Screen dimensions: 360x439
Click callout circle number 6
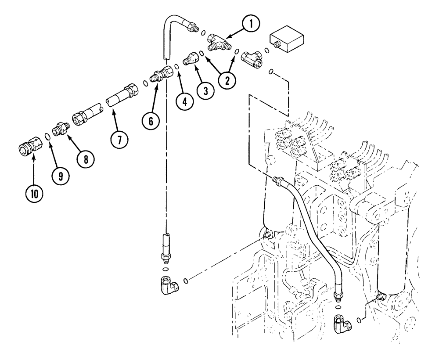pyautogui.click(x=151, y=121)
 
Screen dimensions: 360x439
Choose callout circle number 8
pyautogui.click(x=86, y=158)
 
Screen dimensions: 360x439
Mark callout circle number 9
pyautogui.click(x=60, y=176)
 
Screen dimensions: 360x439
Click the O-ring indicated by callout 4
pyautogui.click(x=176, y=67)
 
